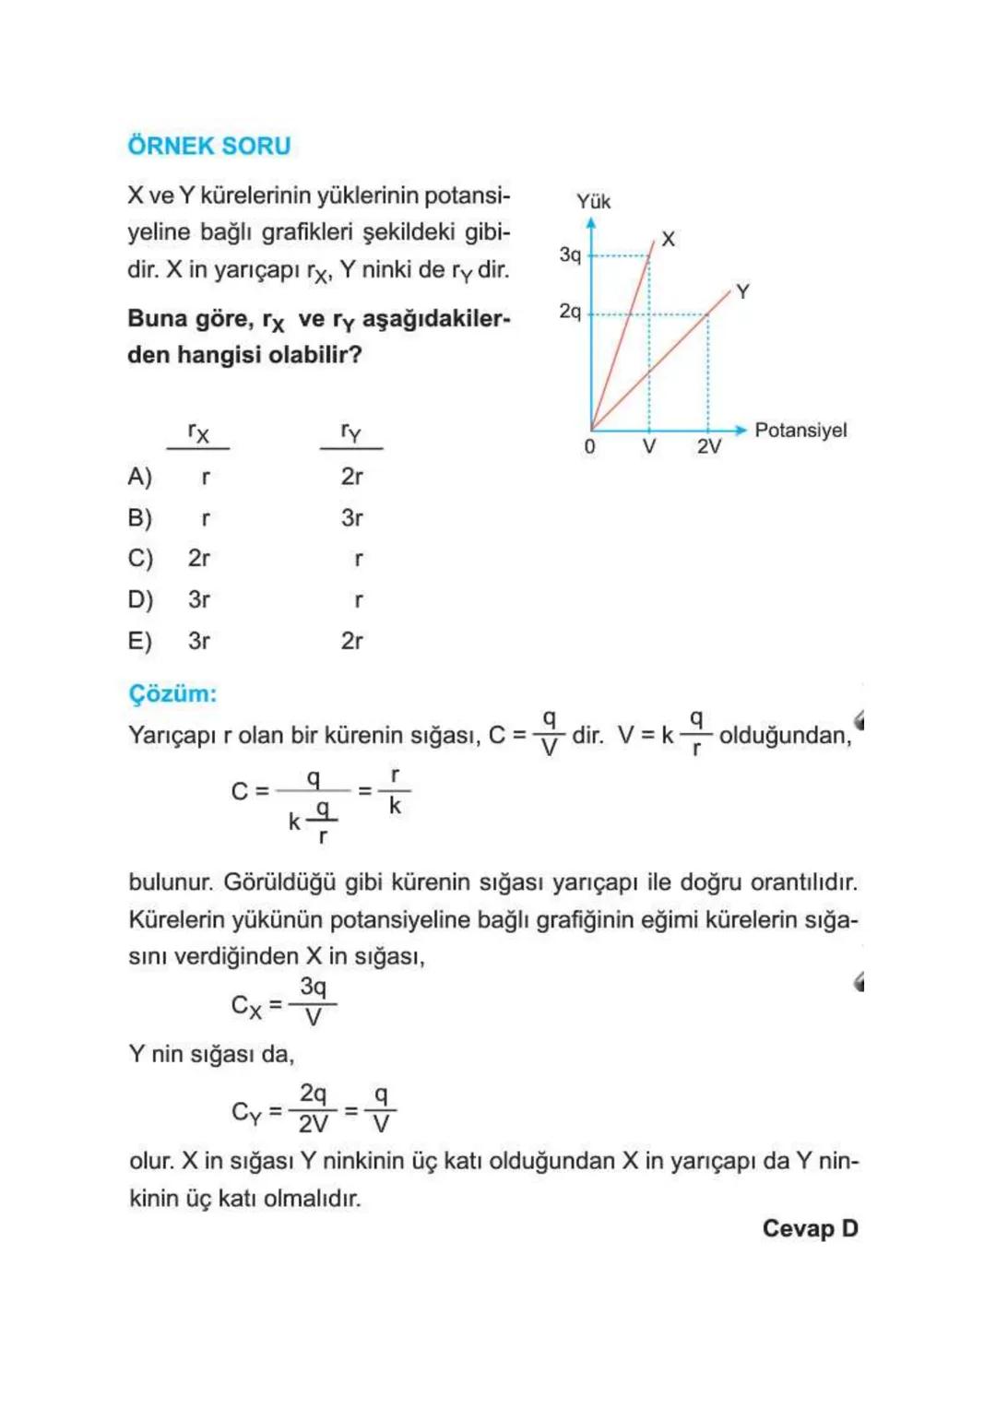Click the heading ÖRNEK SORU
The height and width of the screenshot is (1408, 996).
[209, 146]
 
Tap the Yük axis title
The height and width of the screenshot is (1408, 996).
[593, 201]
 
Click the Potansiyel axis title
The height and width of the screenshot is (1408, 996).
[800, 430]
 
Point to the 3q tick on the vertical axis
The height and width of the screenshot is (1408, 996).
[570, 254]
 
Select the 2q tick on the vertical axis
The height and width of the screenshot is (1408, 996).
[570, 312]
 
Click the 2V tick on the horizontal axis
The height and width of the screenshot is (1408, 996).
[708, 447]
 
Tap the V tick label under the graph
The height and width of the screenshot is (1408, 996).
[649, 447]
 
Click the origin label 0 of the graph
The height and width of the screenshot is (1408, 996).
[589, 447]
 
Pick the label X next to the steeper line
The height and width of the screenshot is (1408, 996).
[669, 239]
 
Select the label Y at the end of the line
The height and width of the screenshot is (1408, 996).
[742, 291]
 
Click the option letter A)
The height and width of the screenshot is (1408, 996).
[139, 477]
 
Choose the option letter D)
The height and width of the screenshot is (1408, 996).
[139, 599]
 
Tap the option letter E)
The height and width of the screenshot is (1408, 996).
[139, 640]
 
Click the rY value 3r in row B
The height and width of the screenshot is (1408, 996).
[351, 517]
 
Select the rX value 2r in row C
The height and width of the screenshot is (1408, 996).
[198, 558]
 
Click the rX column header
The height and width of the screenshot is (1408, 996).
[198, 432]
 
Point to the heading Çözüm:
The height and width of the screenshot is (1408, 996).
[172, 693]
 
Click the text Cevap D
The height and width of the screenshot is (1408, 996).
[810, 1228]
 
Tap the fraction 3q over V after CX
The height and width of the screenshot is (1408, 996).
[313, 1001]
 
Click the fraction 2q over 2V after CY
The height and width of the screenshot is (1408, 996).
[313, 1108]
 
